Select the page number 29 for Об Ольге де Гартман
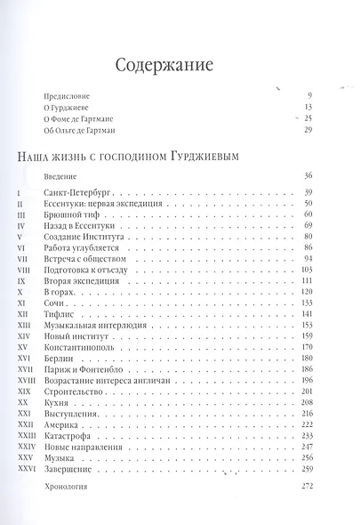(309, 131)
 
